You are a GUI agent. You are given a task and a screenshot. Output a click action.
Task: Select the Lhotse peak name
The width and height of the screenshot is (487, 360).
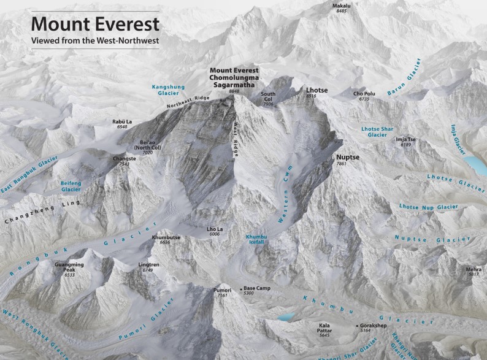(316, 90)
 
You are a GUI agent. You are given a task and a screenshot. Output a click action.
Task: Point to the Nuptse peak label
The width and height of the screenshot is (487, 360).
(347, 158)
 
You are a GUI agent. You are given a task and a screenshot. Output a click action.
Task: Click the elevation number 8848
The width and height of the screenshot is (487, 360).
(234, 91)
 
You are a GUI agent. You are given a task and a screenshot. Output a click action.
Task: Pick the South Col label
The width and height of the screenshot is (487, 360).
(268, 97)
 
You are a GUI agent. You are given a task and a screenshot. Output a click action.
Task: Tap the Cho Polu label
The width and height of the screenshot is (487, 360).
(364, 94)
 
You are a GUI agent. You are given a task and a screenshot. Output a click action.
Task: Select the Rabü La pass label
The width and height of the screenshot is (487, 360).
(123, 122)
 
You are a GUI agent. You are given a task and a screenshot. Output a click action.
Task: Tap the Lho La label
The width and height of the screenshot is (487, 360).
(215, 229)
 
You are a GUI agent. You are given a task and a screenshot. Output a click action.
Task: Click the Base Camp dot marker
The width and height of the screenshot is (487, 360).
(240, 288)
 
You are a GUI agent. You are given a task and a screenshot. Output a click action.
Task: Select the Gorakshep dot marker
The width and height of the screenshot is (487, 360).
(356, 326)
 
